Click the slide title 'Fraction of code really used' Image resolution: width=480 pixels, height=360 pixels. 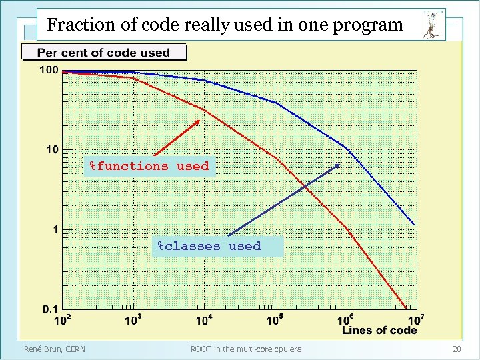pyautogui.click(x=225, y=25)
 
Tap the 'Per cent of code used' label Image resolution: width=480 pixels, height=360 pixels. pyautogui.click(x=103, y=53)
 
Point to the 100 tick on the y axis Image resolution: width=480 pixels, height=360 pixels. pyautogui.click(x=48, y=71)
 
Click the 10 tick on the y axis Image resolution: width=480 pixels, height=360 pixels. pyautogui.click(x=51, y=149)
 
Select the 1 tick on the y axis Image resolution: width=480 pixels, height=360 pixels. pyautogui.click(x=55, y=230)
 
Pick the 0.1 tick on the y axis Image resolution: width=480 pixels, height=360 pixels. pyautogui.click(x=50, y=309)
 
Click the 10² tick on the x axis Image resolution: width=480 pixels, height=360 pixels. pyautogui.click(x=63, y=321)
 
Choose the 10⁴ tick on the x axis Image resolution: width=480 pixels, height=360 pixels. pyautogui.click(x=204, y=321)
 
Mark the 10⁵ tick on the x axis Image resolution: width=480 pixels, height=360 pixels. pyautogui.click(x=274, y=321)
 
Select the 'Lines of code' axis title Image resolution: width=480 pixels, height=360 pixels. pyautogui.click(x=379, y=331)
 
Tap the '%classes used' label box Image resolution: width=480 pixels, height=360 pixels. pyautogui.click(x=209, y=246)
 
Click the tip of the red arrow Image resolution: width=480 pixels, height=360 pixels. pyautogui.click(x=200, y=120)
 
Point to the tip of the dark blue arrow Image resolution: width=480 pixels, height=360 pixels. pyautogui.click(x=340, y=165)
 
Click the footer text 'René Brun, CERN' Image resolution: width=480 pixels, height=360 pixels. pyautogui.click(x=55, y=349)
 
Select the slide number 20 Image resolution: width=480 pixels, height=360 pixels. pyautogui.click(x=457, y=349)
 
